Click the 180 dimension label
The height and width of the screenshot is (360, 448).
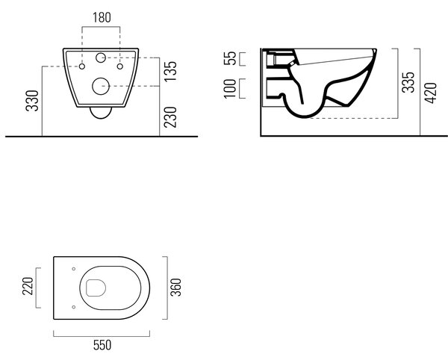click(x=102, y=17)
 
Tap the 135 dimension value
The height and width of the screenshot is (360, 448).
click(x=170, y=71)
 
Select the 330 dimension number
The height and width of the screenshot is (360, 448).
click(x=32, y=101)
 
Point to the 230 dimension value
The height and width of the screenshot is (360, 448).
click(x=170, y=117)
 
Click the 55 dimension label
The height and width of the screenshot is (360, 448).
click(x=230, y=58)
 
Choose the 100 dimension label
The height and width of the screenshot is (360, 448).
click(x=230, y=89)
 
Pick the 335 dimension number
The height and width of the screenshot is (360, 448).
click(x=408, y=82)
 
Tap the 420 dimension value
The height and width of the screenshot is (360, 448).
click(x=431, y=93)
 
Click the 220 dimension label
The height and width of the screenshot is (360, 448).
click(x=28, y=286)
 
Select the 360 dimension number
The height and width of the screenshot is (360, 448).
click(x=175, y=287)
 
